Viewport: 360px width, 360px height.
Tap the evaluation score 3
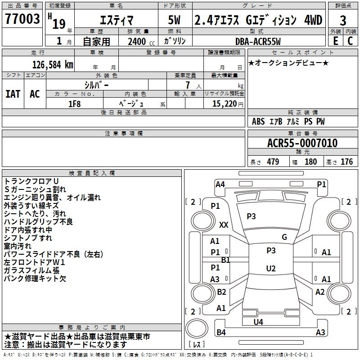(343, 20)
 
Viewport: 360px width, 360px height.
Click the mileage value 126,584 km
(53, 64)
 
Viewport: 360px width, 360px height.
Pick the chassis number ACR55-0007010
(302, 144)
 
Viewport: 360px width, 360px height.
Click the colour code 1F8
(74, 103)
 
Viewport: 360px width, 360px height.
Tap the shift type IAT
(13, 94)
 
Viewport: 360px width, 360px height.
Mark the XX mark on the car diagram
(224, 225)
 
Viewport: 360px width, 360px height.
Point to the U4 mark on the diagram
(258, 322)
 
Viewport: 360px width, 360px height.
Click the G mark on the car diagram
(284, 237)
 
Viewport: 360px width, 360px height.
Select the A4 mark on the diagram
(220, 184)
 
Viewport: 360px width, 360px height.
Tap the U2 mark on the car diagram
(270, 269)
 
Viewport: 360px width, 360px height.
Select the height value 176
(346, 162)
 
